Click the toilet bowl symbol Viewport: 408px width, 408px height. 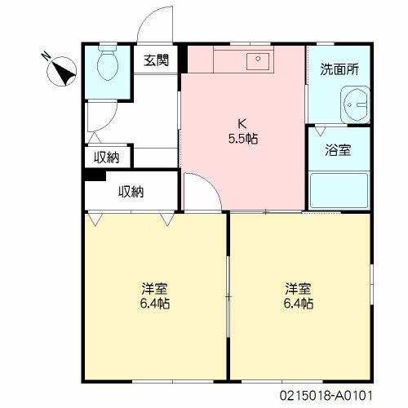pyautogui.click(x=108, y=63)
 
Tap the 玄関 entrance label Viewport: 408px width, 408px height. pyautogui.click(x=157, y=60)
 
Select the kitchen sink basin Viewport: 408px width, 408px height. pyautogui.click(x=258, y=61)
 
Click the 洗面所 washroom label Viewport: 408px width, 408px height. pyautogui.click(x=339, y=69)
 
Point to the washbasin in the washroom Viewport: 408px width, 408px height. pyautogui.click(x=355, y=104)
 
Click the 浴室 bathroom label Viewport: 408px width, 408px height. pyautogui.click(x=338, y=150)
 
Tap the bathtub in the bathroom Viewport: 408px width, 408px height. pyautogui.click(x=339, y=190)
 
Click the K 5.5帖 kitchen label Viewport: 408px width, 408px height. pyautogui.click(x=243, y=131)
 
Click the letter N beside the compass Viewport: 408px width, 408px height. pyautogui.click(x=47, y=55)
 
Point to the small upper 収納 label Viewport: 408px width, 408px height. pyautogui.click(x=106, y=157)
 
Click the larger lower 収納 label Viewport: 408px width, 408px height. pyautogui.click(x=131, y=192)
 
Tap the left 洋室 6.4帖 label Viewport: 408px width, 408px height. pyautogui.click(x=155, y=296)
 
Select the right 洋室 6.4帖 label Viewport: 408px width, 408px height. pyautogui.click(x=299, y=296)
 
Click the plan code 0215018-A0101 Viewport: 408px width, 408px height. pyautogui.click(x=326, y=396)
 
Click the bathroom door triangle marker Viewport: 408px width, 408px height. pyautogui.click(x=320, y=131)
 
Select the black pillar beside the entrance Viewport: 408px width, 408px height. pyautogui.click(x=184, y=60)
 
